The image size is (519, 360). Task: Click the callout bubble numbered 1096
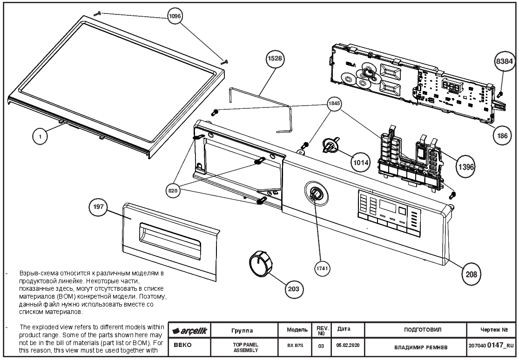175,16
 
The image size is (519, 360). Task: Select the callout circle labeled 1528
275,59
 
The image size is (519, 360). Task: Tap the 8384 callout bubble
505,61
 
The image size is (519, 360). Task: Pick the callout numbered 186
502,135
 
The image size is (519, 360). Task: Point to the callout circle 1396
466,167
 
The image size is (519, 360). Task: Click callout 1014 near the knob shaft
360,162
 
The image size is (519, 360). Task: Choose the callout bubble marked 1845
334,104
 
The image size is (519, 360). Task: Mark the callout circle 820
173,191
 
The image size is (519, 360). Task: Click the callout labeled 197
98,207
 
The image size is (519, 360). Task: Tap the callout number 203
294,289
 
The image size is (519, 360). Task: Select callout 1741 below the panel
322,268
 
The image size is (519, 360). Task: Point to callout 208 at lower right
472,274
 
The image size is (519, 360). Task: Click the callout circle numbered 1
40,136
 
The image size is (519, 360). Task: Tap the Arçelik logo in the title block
189,331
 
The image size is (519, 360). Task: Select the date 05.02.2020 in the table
348,345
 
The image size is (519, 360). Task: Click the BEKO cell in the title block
183,345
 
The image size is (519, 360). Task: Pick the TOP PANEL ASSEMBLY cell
245,347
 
